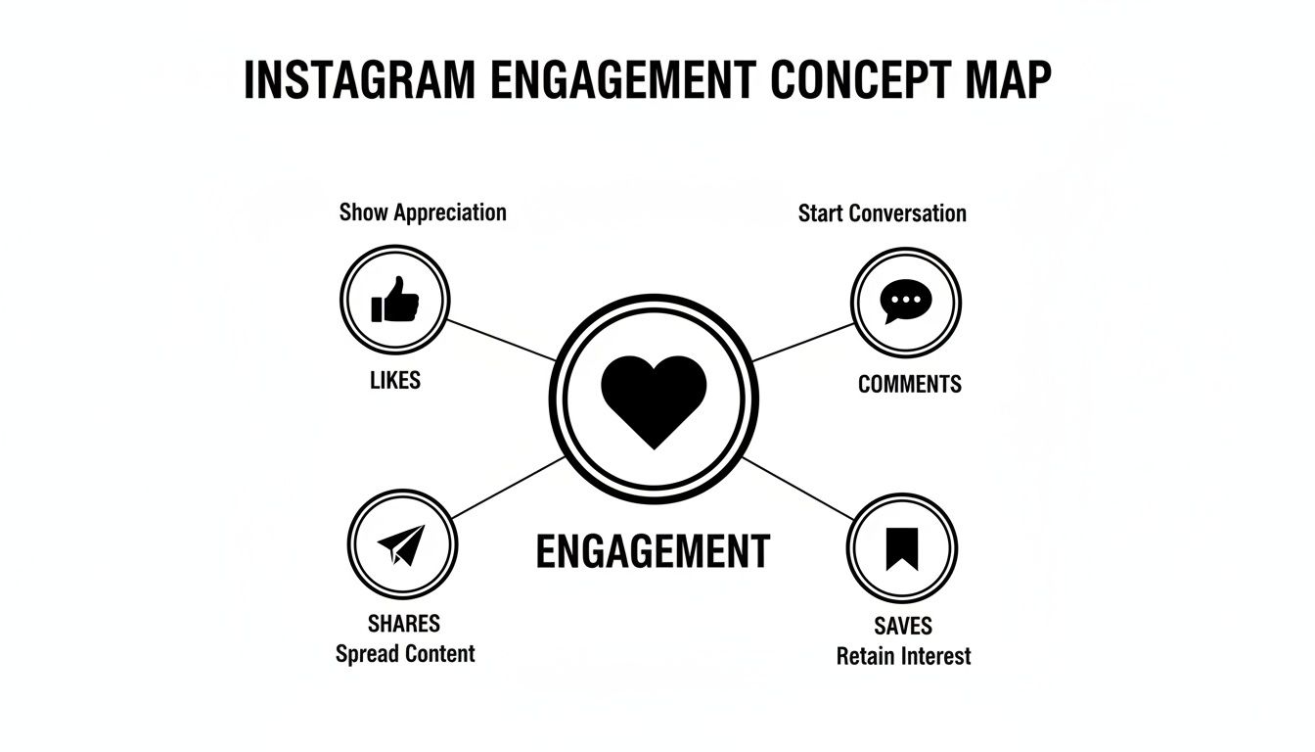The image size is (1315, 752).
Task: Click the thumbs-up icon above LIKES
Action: (x=395, y=300)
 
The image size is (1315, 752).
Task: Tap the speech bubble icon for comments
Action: (x=906, y=301)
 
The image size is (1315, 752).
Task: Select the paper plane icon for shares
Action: (x=401, y=544)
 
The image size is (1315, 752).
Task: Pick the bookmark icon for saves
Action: (x=901, y=547)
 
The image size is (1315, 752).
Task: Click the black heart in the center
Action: (x=654, y=400)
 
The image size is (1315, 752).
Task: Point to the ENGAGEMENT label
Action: (x=654, y=551)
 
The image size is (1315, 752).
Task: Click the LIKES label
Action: (x=395, y=381)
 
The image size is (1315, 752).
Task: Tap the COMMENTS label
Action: (x=909, y=384)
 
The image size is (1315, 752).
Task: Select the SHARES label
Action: (x=404, y=624)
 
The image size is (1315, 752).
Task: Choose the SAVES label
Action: (x=903, y=626)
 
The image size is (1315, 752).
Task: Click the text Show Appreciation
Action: (x=423, y=212)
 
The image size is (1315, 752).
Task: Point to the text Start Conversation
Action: (x=882, y=213)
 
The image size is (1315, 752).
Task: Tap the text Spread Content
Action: (x=405, y=653)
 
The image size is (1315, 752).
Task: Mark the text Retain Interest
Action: (x=903, y=656)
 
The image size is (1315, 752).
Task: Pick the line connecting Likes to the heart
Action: (x=502, y=339)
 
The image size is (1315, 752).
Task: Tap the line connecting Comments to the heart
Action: (x=802, y=342)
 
